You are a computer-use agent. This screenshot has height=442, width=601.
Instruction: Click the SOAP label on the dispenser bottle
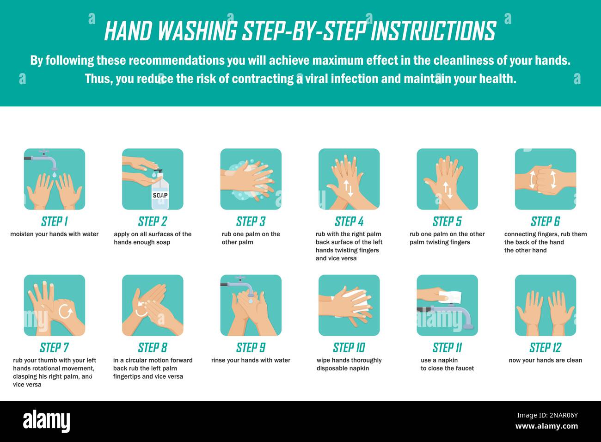coord(160,195)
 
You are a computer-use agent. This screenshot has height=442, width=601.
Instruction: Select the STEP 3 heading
coord(251,221)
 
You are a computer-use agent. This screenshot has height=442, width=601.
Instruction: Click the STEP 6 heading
coord(545,221)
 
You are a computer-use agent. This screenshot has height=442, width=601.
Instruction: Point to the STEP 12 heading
coord(545,348)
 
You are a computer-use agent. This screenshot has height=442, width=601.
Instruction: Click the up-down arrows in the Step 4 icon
coord(348,188)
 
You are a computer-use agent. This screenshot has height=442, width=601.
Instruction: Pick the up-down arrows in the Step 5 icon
coord(447,190)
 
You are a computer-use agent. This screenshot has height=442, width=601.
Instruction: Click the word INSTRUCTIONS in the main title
coord(433,31)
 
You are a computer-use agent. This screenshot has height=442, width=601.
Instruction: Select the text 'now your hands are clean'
coord(545,360)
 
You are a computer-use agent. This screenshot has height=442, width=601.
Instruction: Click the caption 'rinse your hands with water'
coord(251,360)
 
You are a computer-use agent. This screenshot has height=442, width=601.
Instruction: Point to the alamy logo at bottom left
coord(46,421)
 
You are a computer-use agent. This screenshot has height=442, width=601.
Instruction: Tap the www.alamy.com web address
coord(546,426)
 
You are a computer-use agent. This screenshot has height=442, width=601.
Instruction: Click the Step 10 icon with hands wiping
coord(349,305)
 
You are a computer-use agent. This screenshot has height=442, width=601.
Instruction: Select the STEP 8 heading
coord(152,348)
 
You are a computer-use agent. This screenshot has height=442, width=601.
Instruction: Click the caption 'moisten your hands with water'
coord(55,234)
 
